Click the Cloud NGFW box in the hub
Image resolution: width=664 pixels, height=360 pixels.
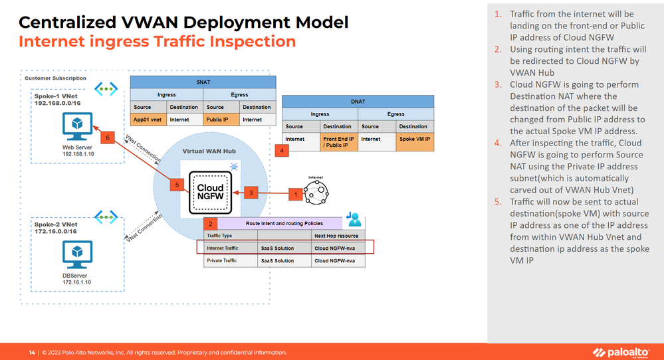[210, 187]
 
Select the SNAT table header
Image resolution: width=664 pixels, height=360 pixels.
[203, 82]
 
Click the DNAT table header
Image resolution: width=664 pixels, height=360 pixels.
[358, 102]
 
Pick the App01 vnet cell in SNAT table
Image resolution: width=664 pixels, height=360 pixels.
[148, 120]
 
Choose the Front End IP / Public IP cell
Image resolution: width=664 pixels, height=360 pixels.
[338, 143]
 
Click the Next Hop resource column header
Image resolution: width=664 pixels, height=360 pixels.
[336, 236]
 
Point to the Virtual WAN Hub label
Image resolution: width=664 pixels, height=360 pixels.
[211, 151]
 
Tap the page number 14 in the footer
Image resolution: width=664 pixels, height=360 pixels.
[31, 352]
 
